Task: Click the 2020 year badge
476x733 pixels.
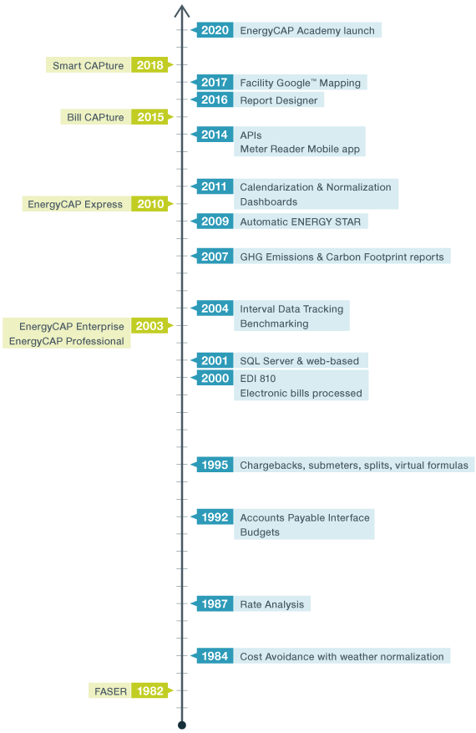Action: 215,30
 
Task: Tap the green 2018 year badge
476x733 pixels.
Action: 149,65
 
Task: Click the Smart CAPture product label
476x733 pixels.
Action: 88,65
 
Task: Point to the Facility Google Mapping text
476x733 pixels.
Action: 300,83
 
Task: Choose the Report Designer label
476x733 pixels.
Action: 278,100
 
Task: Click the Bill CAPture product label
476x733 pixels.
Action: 95,117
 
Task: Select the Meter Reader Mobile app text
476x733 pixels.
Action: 299,150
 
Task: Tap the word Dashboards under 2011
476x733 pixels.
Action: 268,201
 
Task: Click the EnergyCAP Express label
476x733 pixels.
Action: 75,204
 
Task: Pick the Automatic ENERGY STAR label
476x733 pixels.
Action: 300,221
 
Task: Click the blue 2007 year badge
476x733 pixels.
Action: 215,257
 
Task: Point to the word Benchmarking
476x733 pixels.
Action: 274,323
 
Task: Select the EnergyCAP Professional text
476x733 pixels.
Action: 67,341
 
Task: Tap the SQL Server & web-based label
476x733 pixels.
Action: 299,361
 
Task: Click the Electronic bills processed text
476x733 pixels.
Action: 301,393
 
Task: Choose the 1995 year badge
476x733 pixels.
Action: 215,465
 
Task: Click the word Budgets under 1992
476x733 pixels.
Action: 260,532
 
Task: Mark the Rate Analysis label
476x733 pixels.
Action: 271,604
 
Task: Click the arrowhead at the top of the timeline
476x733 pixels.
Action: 181,11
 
